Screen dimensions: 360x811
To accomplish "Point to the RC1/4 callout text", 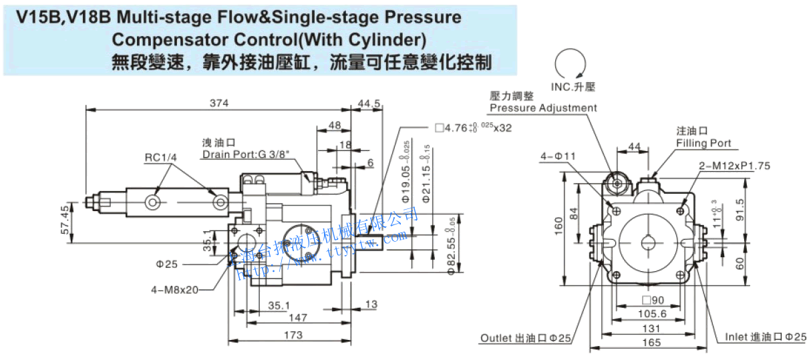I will pos(160,158).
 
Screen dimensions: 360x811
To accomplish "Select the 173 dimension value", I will pos(293,335).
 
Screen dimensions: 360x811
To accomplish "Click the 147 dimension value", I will pos(298,319).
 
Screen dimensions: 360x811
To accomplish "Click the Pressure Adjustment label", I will pos(543,108).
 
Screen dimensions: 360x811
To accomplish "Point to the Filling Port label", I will pos(703,143).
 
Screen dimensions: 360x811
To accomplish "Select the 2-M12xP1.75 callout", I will pos(734,165).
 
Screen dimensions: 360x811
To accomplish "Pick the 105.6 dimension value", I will pos(652,314).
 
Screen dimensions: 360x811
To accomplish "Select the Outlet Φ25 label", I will pos(526,339).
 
